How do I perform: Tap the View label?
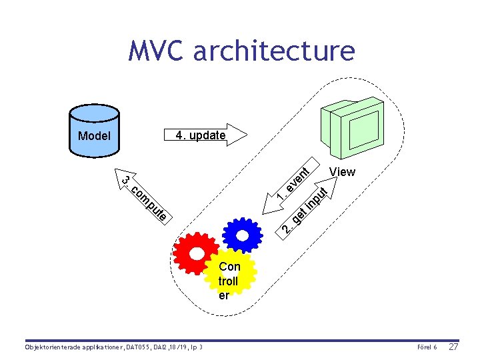pyautogui.click(x=342, y=172)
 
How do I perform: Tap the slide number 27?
pyautogui.click(x=453, y=347)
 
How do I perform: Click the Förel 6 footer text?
pyautogui.click(x=426, y=348)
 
